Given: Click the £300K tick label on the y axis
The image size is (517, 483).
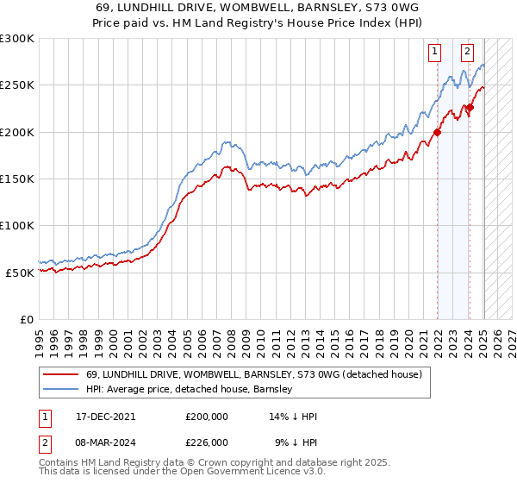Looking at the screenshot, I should [17, 39].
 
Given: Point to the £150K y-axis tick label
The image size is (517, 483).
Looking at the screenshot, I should [17, 179].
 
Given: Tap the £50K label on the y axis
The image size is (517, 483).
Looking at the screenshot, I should [20, 272].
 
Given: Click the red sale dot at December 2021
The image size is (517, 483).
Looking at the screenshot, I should [438, 132].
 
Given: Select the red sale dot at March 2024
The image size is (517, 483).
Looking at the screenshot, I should [470, 108].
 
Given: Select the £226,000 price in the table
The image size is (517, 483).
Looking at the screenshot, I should [207, 442].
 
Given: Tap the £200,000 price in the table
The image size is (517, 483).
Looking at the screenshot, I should [207, 416].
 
